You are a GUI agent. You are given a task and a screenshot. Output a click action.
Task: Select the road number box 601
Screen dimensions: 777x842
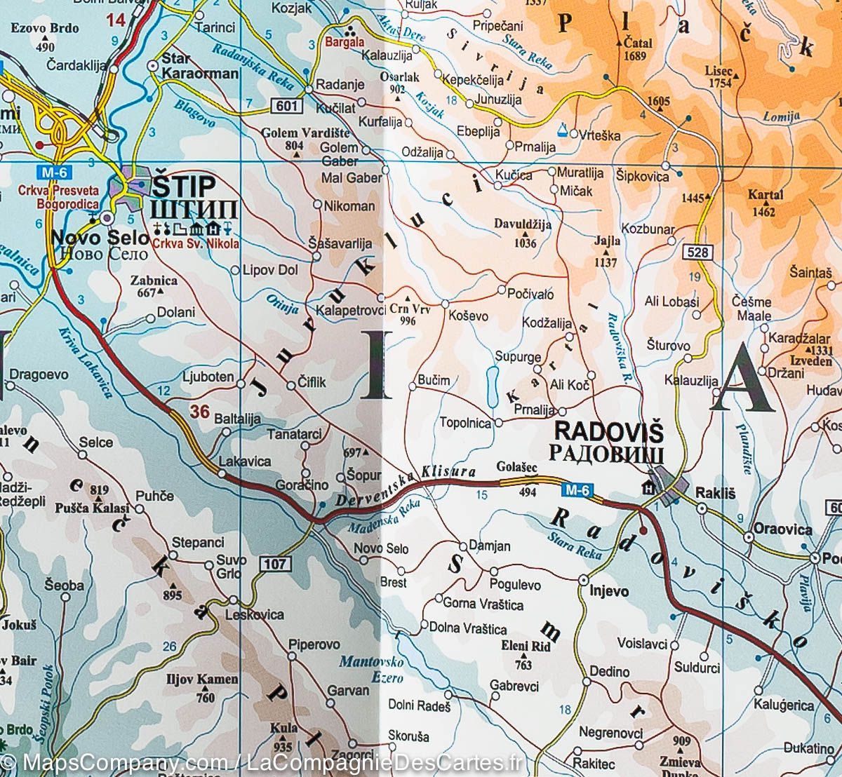point(285,106)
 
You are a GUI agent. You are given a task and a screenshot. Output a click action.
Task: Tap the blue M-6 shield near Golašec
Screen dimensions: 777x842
point(580,489)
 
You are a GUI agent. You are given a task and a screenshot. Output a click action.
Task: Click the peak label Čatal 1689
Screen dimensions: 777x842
point(637,49)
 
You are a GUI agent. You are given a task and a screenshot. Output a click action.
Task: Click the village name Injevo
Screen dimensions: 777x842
point(608,591)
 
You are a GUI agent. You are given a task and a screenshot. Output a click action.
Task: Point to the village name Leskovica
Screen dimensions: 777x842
point(253,614)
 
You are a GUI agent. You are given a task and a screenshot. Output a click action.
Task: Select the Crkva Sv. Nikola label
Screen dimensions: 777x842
point(194,244)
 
